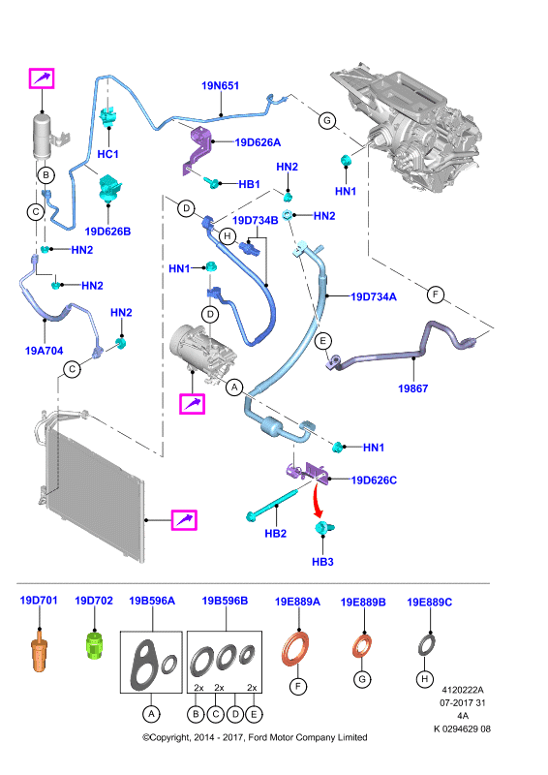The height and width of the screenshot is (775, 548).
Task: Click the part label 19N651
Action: click(x=220, y=85)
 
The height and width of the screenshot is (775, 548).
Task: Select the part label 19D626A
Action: click(x=258, y=142)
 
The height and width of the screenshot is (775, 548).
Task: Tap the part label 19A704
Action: click(x=44, y=351)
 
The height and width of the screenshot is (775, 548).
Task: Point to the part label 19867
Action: click(x=413, y=388)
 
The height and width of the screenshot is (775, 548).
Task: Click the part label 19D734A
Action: click(x=374, y=296)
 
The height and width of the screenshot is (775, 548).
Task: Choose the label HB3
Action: click(x=322, y=562)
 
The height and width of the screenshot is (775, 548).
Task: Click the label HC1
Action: click(x=107, y=154)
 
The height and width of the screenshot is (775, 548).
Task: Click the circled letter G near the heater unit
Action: click(x=327, y=120)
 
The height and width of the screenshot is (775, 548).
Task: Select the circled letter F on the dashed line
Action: click(x=436, y=295)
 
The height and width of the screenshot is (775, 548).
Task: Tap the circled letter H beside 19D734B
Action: click(x=228, y=236)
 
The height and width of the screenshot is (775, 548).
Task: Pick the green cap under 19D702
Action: click(x=94, y=644)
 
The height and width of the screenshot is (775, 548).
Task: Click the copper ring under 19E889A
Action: click(x=296, y=648)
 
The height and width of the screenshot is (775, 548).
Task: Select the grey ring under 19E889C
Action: click(x=427, y=645)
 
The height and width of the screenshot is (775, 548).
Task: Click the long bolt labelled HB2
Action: click(x=272, y=504)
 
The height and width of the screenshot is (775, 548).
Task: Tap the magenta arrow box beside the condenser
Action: click(x=184, y=520)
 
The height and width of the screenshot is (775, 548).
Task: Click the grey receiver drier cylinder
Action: click(x=43, y=137)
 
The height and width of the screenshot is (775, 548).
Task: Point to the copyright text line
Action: click(x=255, y=737)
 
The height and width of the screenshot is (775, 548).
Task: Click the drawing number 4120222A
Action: click(x=463, y=690)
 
